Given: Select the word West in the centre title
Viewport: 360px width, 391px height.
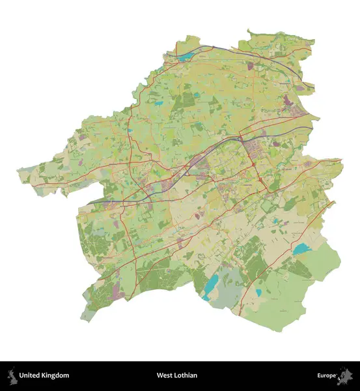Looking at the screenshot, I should pyautogui.click(x=163, y=376).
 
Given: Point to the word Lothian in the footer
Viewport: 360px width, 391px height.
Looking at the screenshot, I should pyautogui.click(x=186, y=376).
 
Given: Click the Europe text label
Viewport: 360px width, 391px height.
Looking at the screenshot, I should pyautogui.click(x=327, y=376).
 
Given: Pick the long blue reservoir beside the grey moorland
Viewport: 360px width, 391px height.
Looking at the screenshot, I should pyautogui.click(x=212, y=284).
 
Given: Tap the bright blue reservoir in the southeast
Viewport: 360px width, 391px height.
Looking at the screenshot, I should pyautogui.click(x=301, y=249).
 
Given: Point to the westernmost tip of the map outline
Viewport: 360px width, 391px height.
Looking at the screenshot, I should pyautogui.click(x=18, y=171).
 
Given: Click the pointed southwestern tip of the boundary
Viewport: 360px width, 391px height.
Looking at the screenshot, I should pyautogui.click(x=84, y=319).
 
